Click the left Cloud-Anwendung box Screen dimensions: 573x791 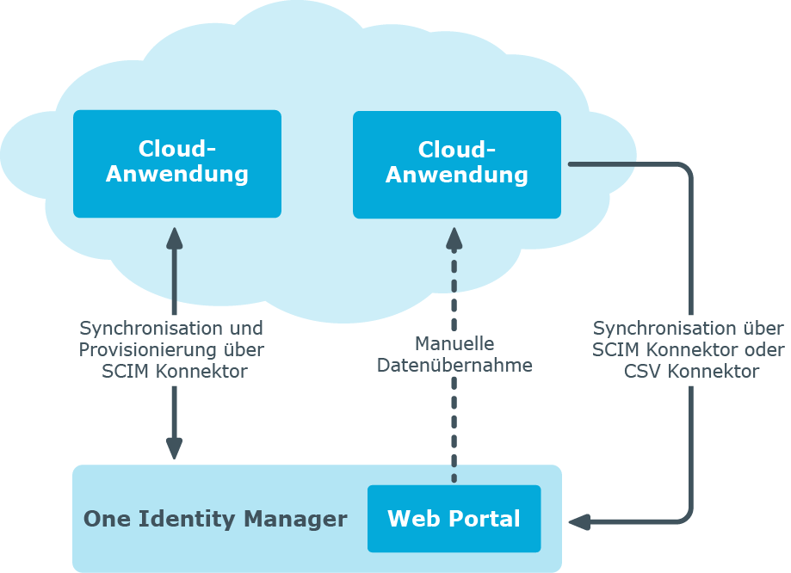pyautogui.click(x=177, y=163)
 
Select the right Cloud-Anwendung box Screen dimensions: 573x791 pyautogui.click(x=457, y=163)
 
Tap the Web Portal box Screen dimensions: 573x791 pyautogui.click(x=454, y=519)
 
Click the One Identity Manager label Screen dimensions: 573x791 pyautogui.click(x=215, y=520)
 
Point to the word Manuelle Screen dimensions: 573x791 pyautogui.click(x=454, y=344)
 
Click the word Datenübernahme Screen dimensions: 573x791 pyautogui.click(x=454, y=366)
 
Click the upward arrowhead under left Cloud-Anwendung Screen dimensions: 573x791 pyautogui.click(x=174, y=237)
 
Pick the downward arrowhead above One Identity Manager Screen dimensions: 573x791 pyautogui.click(x=174, y=448)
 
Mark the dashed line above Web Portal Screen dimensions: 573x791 pyautogui.click(x=454, y=430)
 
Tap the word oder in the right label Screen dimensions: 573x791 pyautogui.click(x=763, y=350)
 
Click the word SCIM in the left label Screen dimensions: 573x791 pyautogui.click(x=123, y=372)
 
